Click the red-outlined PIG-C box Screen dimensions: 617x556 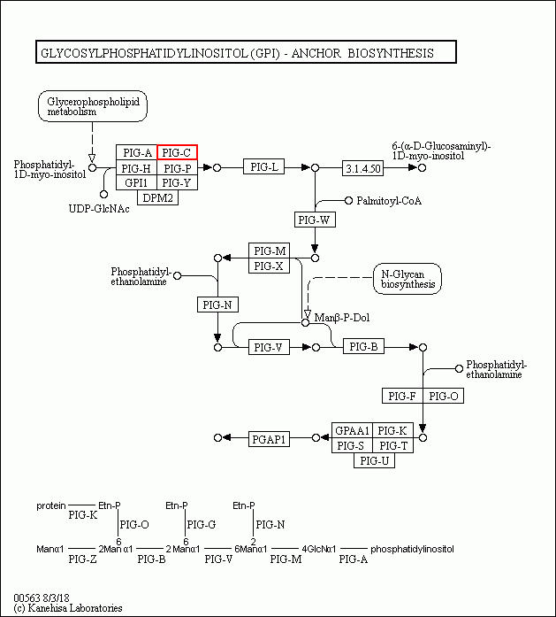177,153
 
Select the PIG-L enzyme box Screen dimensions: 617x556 264,167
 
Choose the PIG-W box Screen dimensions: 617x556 315,219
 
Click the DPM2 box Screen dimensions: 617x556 157,198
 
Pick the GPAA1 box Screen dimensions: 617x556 351,430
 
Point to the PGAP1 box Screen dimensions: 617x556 269,438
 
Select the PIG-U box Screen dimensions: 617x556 373,460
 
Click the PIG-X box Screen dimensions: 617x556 268,266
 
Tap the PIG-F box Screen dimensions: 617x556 402,396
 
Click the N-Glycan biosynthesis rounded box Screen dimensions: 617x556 407,278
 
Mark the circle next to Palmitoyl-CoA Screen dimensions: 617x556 348,201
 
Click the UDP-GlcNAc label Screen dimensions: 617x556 99,208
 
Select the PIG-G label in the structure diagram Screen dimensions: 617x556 202,525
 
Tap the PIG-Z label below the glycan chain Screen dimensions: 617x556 82,559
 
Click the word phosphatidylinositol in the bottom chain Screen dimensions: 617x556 412,549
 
